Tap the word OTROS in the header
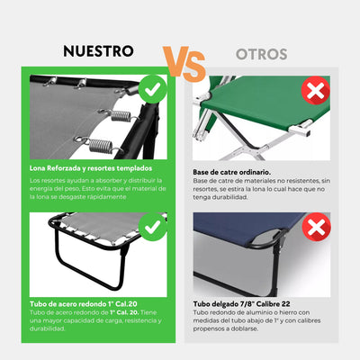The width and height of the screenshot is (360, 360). [x=262, y=54]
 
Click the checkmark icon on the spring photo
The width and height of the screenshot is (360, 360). [x=154, y=89]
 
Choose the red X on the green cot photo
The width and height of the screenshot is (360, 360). [x=316, y=90]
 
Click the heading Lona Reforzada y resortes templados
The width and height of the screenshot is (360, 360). [x=96, y=168]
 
